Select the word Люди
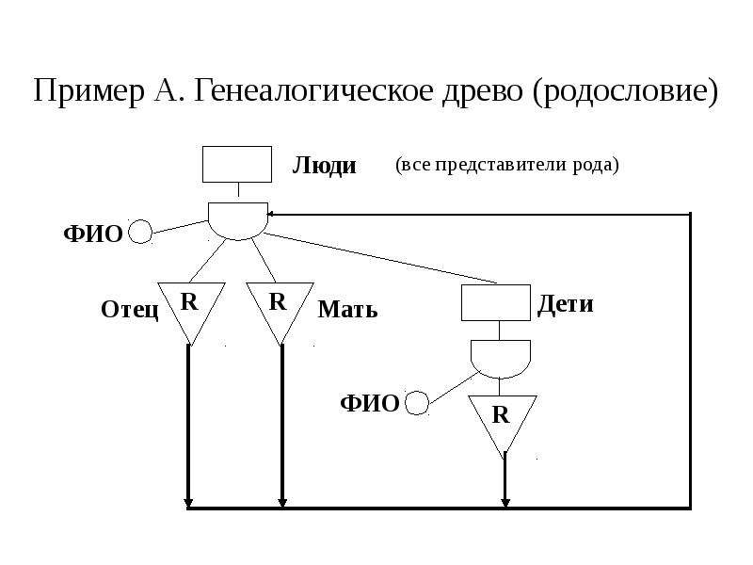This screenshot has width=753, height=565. pos(324,166)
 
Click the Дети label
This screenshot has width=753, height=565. pos(566,304)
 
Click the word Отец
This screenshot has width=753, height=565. pos(130,310)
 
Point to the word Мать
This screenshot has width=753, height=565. pos(347,310)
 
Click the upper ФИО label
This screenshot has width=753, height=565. pos(93,234)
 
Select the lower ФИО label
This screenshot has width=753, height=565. pos(370,404)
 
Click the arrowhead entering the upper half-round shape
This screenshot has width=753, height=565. pos(270,214)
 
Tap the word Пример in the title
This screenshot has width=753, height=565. pos(88,91)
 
